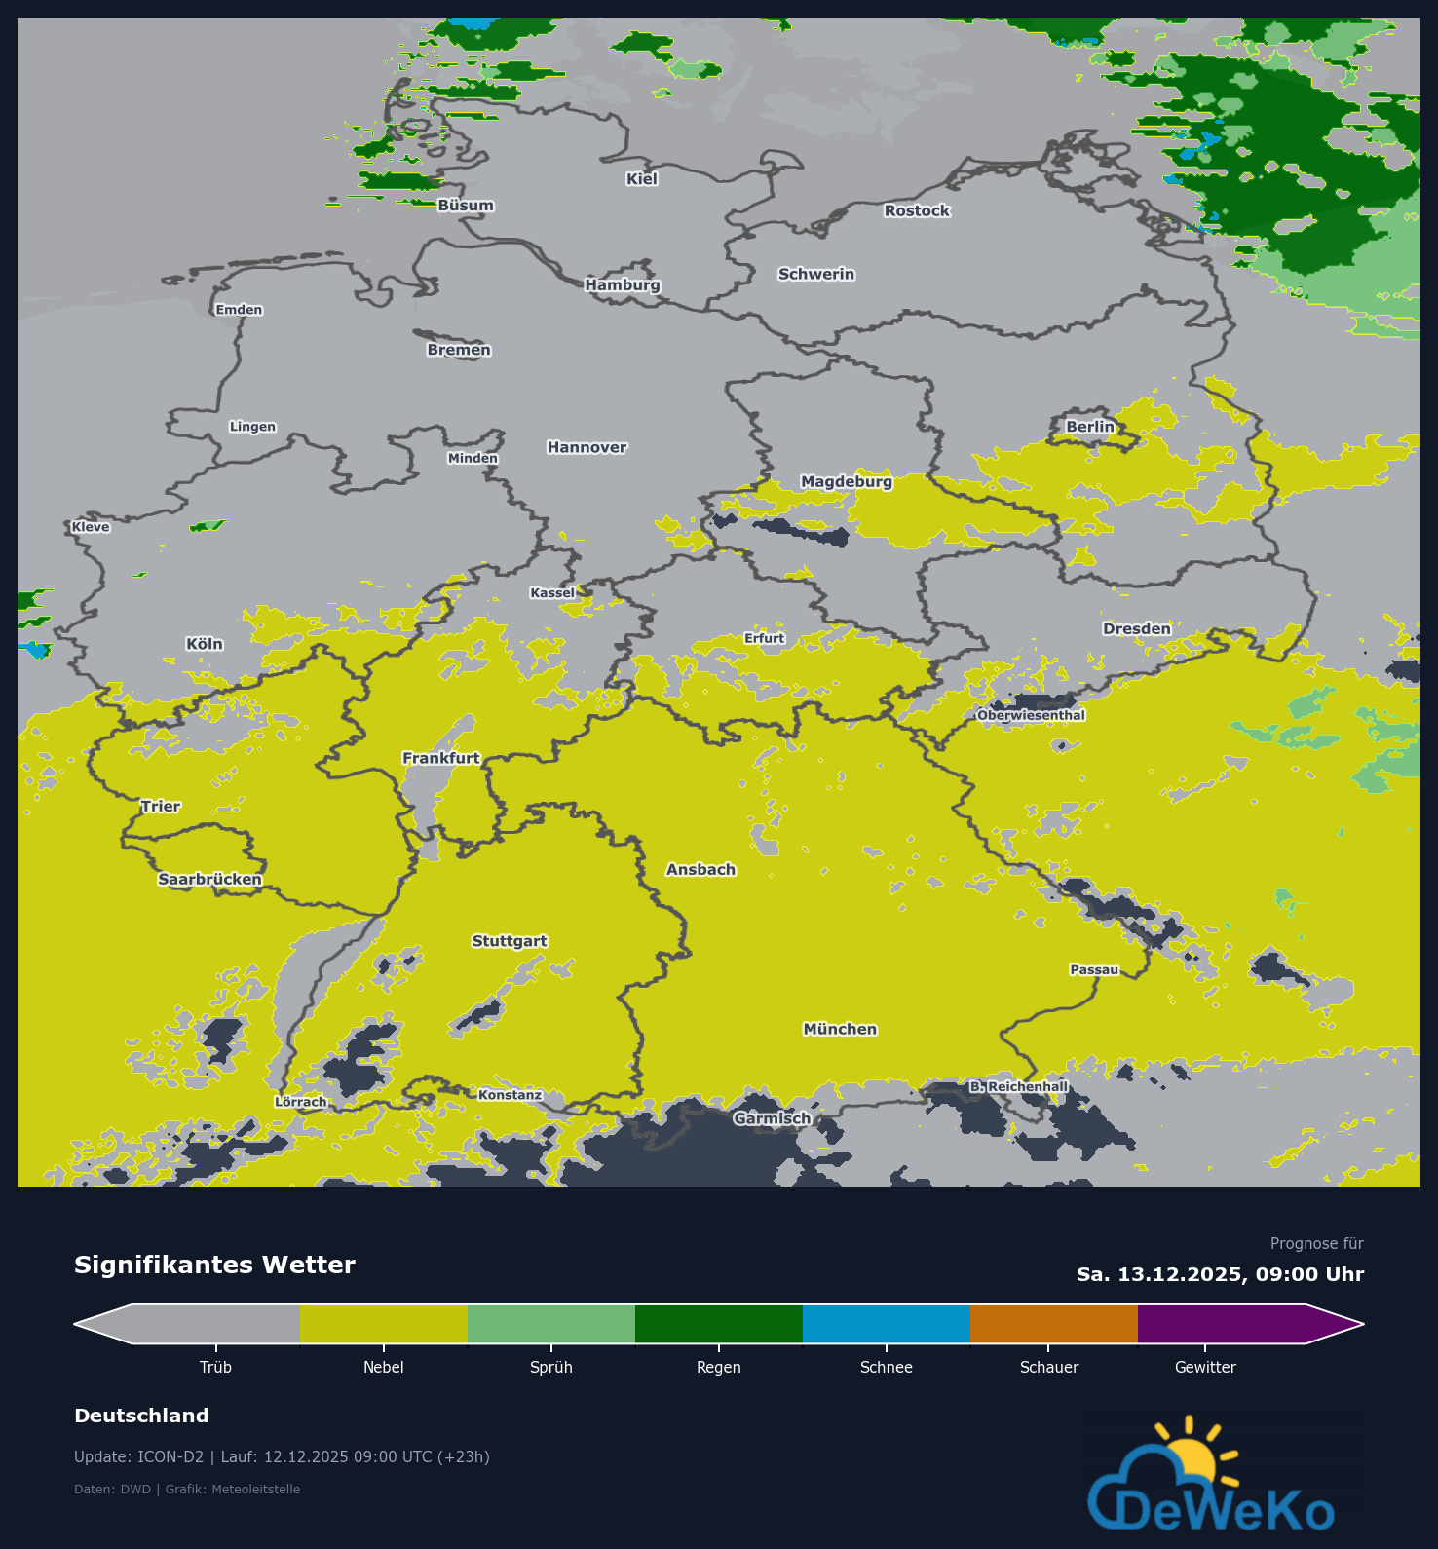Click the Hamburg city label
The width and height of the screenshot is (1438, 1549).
click(623, 284)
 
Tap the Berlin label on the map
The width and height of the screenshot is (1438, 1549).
click(1089, 427)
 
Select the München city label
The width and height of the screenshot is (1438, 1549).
click(840, 1029)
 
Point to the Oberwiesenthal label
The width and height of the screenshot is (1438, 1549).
click(1031, 715)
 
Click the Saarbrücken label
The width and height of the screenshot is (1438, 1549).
click(209, 879)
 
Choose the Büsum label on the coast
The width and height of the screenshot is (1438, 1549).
click(466, 206)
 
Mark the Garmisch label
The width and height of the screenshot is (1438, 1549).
click(772, 1118)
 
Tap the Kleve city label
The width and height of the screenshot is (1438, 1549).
click(91, 527)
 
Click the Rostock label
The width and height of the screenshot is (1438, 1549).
click(917, 210)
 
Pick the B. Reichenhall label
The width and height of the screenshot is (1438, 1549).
click(1018, 1086)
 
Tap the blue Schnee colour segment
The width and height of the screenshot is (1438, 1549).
click(886, 1324)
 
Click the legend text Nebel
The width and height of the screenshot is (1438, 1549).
click(383, 1367)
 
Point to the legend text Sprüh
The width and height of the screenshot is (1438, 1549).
click(550, 1367)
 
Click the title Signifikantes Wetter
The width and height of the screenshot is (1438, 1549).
click(214, 1265)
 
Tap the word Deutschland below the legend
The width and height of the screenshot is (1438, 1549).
click(141, 1416)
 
